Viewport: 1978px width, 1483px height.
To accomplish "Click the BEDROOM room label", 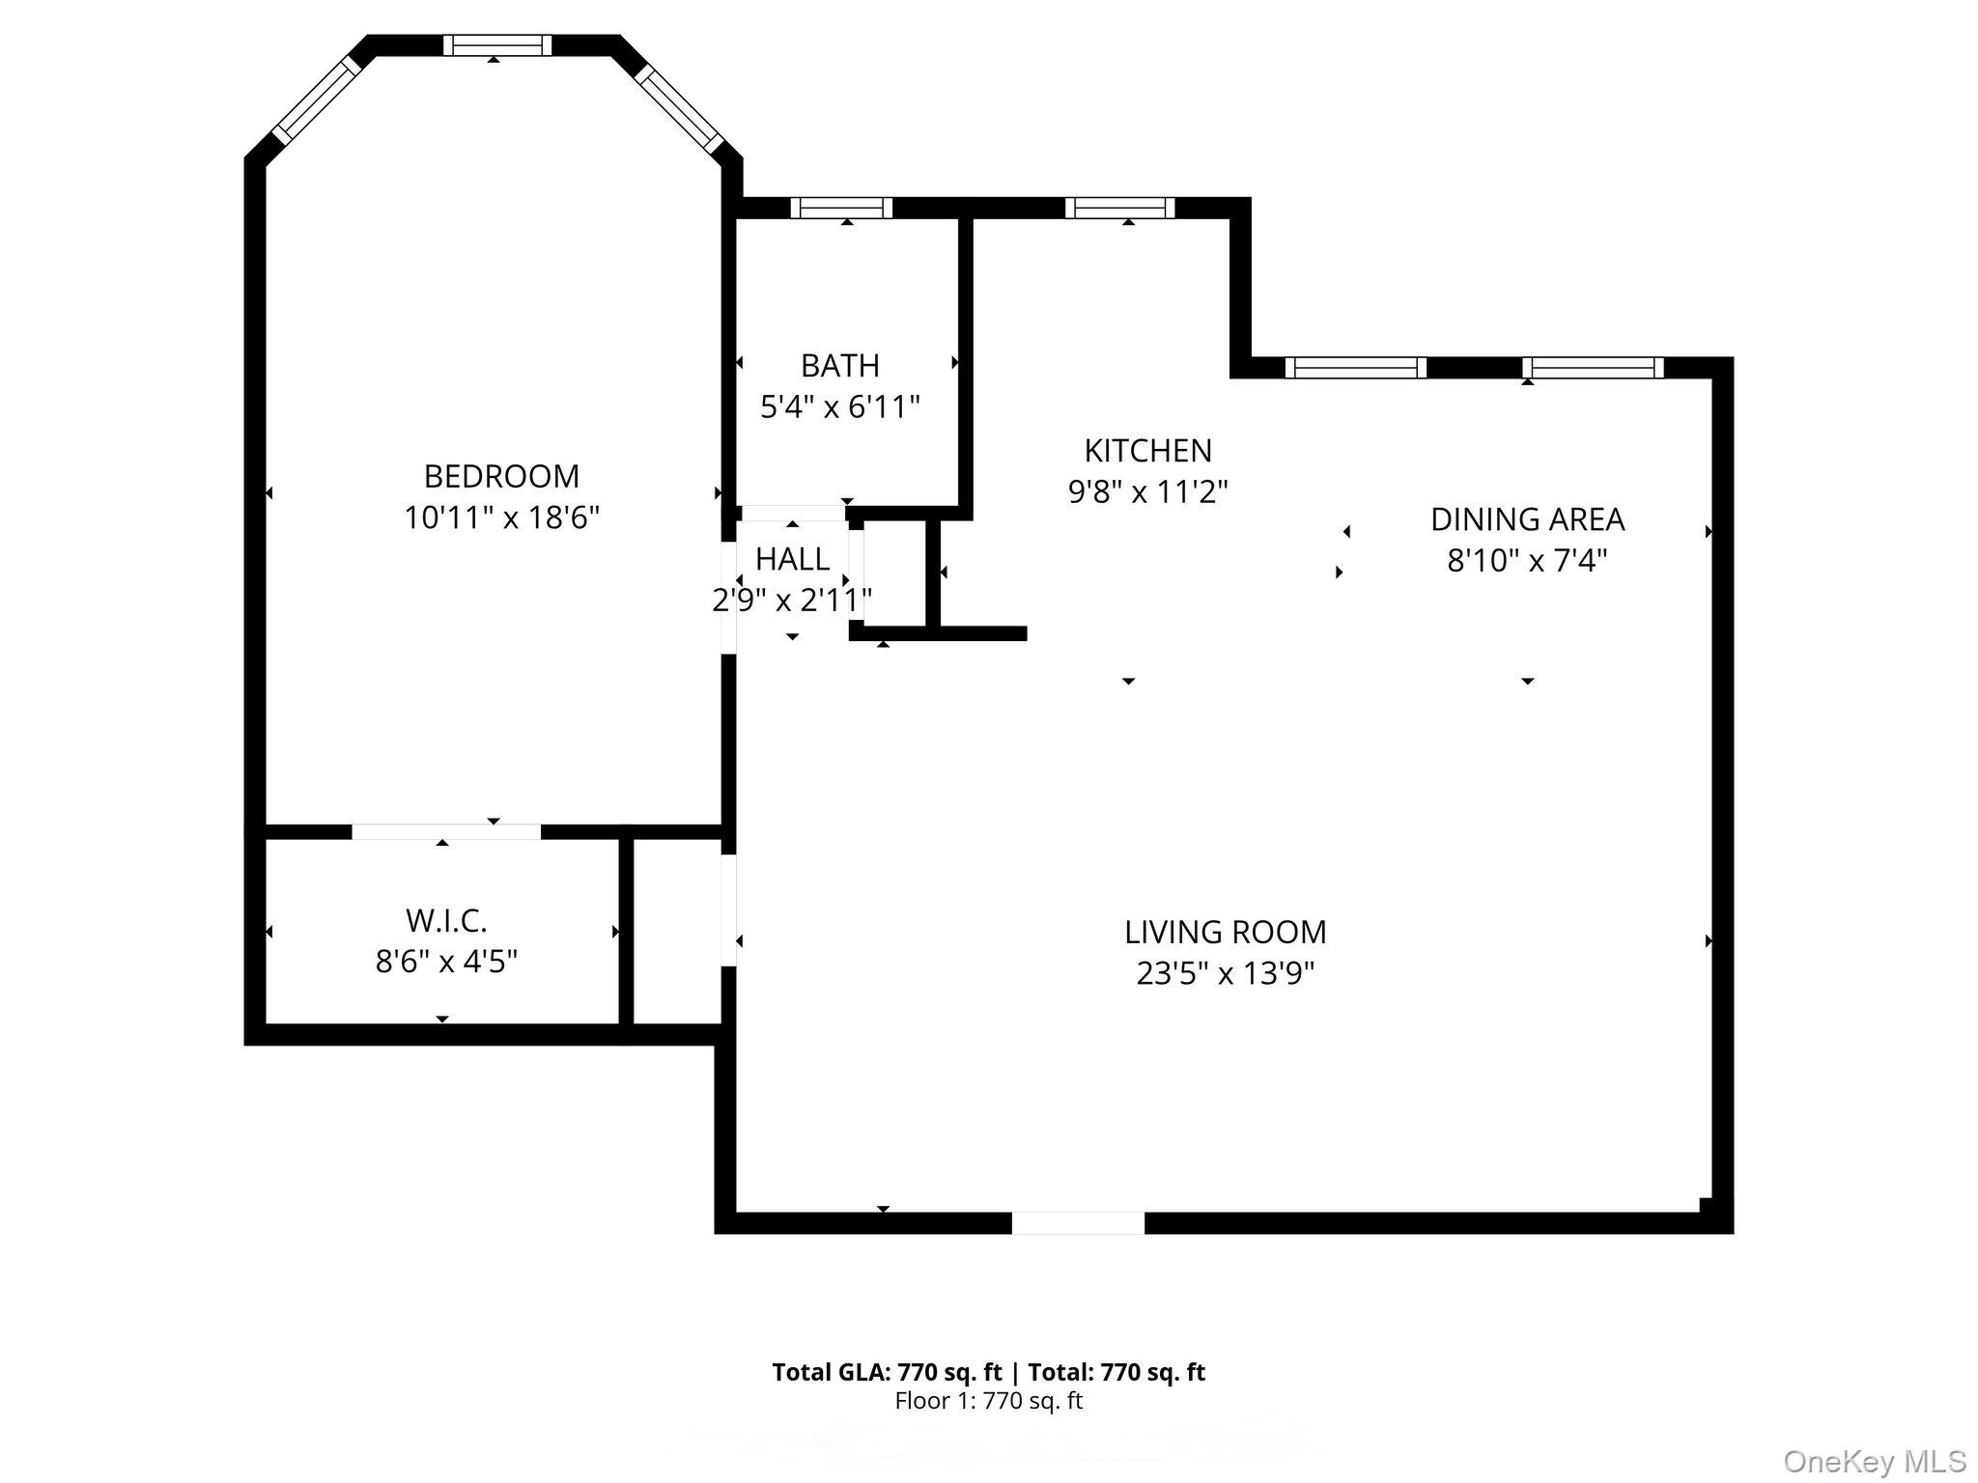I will point(501,476).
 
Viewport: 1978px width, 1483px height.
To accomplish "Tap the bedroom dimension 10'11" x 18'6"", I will point(501,518).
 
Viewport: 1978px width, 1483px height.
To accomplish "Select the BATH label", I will point(839,366).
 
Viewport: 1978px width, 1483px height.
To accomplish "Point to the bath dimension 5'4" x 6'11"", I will point(839,407).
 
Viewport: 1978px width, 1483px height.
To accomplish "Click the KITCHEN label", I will point(1147,451).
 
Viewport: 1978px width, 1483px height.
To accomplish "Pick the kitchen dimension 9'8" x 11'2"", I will point(1147,492).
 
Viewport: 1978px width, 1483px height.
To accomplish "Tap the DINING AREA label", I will point(1527,519).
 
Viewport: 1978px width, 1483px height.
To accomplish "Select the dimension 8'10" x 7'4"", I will point(1527,560).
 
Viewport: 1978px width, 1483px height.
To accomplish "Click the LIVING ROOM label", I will point(1225,932).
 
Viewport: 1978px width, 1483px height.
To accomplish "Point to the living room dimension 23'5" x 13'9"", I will point(1225,973).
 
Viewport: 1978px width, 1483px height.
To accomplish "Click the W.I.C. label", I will point(446,921).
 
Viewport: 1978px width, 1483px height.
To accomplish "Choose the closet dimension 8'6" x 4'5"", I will point(446,962).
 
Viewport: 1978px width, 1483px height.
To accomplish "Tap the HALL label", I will point(792,559).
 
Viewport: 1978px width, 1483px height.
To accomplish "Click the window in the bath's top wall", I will point(841,208).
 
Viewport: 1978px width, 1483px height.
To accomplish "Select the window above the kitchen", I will point(1120,208).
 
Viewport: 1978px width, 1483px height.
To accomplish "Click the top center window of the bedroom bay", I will point(497,45).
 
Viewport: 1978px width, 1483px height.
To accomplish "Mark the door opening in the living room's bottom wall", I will point(1078,1223).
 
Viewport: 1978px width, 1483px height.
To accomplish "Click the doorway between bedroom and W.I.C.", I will point(445,831).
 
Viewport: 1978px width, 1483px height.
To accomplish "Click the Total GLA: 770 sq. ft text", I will point(887,1372).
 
